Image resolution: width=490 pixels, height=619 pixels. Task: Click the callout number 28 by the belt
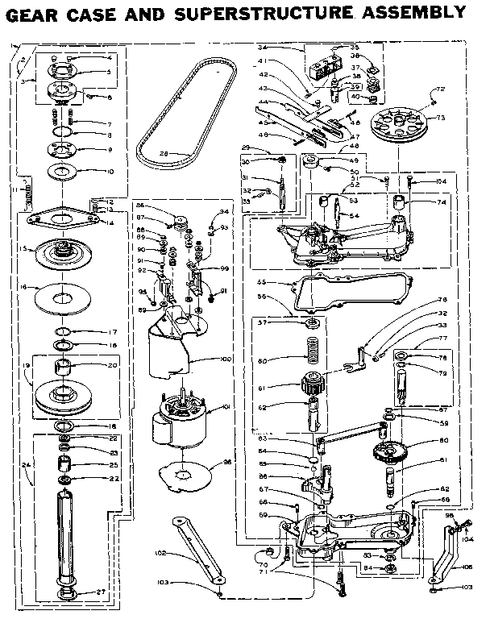(162, 152)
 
